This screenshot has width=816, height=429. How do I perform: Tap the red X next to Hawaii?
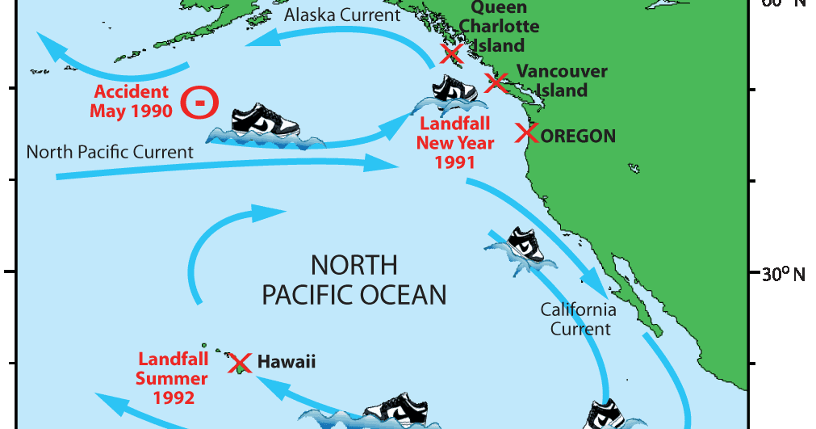[x=240, y=363]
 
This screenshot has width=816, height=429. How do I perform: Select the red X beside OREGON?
[x=527, y=133]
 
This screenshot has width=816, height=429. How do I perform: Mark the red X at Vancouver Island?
[x=496, y=82]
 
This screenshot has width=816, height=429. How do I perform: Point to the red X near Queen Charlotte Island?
[x=451, y=54]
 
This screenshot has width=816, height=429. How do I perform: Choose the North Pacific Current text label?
[x=110, y=152]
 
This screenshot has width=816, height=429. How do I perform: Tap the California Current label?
[x=578, y=319]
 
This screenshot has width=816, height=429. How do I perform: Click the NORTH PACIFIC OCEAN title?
[x=354, y=280]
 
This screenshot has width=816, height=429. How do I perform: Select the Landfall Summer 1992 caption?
[x=172, y=377]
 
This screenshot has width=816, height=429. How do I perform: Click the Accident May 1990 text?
[x=131, y=102]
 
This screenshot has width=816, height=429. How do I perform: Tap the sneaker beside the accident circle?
[x=265, y=122]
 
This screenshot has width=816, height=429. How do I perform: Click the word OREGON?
[x=579, y=136]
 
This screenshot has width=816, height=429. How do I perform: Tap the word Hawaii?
[x=287, y=362]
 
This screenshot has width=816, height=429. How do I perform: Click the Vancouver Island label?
[x=562, y=81]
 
